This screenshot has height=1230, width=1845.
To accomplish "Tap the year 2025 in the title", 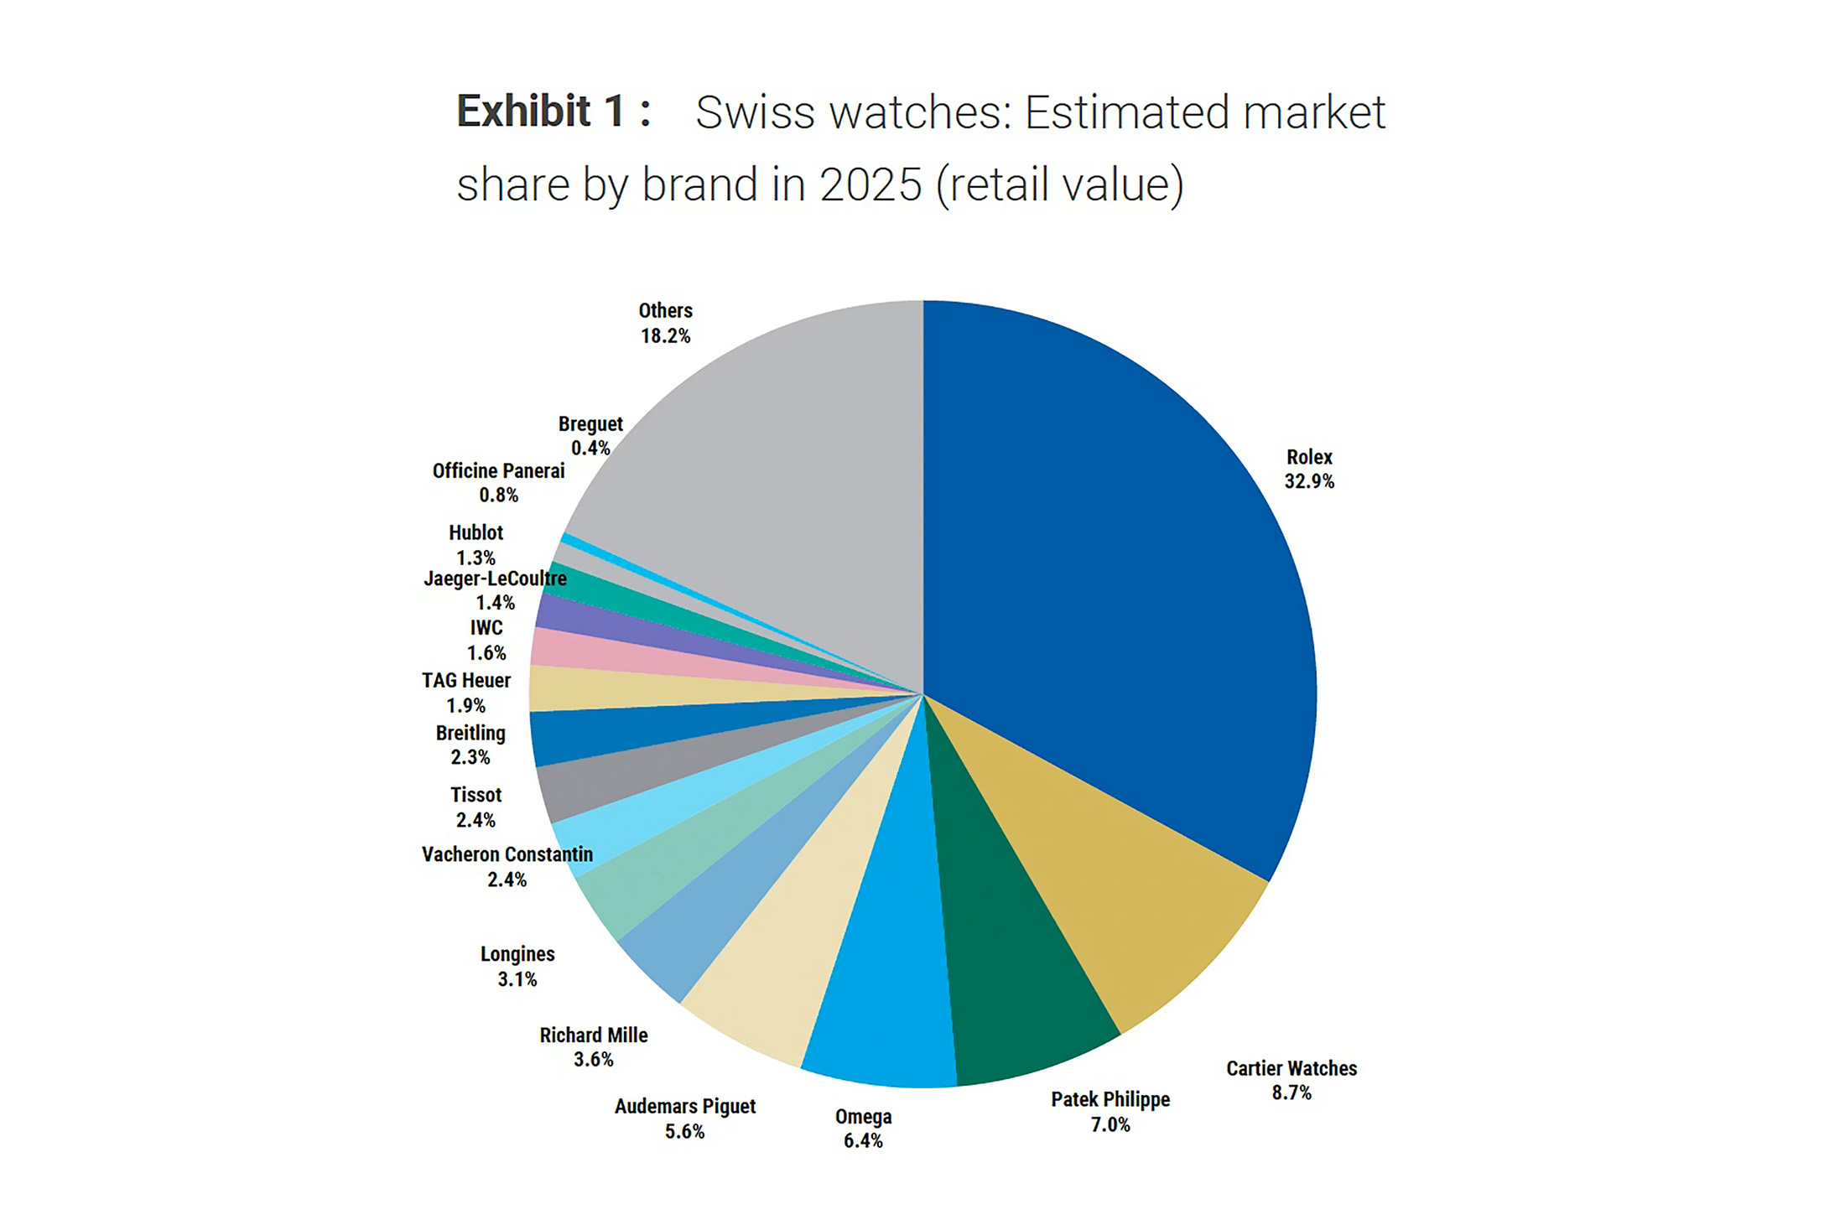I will coord(871,184).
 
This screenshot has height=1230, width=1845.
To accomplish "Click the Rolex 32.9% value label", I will coord(1309,481).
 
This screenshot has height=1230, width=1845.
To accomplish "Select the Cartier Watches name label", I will coord(1291,1068).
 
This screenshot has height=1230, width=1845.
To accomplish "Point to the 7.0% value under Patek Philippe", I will coord(1110,1124).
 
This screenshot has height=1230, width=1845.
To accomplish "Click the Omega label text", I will coord(863,1117).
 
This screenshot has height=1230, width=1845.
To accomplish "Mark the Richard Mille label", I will coord(594,1035).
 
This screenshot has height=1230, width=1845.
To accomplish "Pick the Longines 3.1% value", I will coord(517,979).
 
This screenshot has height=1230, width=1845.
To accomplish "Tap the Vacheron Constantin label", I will coord(507,854).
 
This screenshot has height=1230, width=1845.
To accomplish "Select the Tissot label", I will coord(476,795).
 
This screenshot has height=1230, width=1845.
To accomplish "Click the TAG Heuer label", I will coord(466,681).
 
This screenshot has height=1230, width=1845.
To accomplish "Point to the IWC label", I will coord(486,628).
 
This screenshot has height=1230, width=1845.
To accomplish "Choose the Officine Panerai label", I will coord(499,471).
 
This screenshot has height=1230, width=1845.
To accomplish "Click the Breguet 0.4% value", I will coord(591,449).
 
